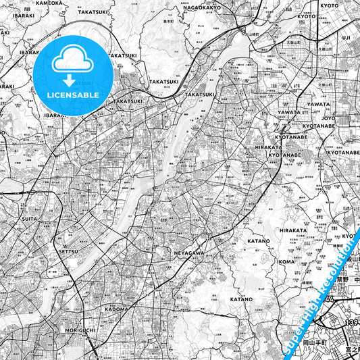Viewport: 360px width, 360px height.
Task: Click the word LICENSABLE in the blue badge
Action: (x=74, y=95)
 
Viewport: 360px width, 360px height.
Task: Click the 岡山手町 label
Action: (x=328, y=343)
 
